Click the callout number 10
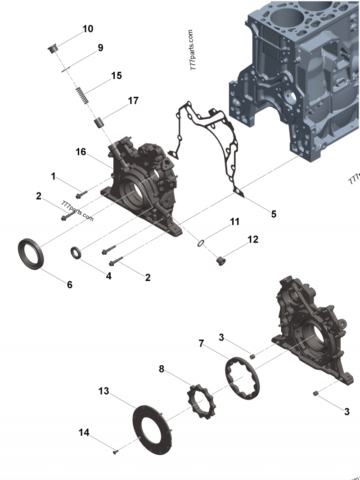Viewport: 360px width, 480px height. coord(88,29)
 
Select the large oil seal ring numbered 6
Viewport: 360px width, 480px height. coord(31,255)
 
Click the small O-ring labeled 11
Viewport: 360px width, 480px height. coord(201,244)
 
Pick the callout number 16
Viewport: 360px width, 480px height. coord(81,152)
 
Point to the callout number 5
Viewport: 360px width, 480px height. coord(274,214)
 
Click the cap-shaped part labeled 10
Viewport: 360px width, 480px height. coord(53,47)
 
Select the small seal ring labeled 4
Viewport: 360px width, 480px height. coord(76,253)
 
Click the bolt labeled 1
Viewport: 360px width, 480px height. coord(81,195)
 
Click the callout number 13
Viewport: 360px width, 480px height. coord(104,392)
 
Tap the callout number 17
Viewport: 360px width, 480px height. coord(133,101)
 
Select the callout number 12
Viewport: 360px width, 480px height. coord(253,240)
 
